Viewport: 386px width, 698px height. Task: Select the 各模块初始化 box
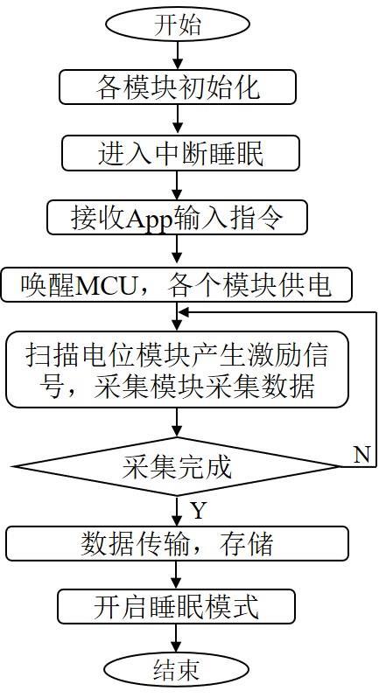click(177, 87)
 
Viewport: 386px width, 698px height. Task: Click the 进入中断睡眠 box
click(180, 153)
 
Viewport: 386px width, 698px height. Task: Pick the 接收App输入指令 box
click(177, 218)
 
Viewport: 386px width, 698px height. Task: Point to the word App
click(149, 219)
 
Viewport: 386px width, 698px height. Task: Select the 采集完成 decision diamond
click(177, 466)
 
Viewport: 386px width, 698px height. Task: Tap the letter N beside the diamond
click(362, 455)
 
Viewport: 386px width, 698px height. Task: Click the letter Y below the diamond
click(199, 510)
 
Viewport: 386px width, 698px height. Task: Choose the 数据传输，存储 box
click(177, 543)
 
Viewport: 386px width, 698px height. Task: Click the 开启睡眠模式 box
click(177, 606)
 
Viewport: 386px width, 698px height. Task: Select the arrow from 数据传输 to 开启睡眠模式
click(177, 575)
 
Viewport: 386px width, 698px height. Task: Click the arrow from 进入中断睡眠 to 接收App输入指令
click(177, 185)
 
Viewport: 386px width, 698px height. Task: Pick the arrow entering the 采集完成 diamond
click(177, 422)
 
